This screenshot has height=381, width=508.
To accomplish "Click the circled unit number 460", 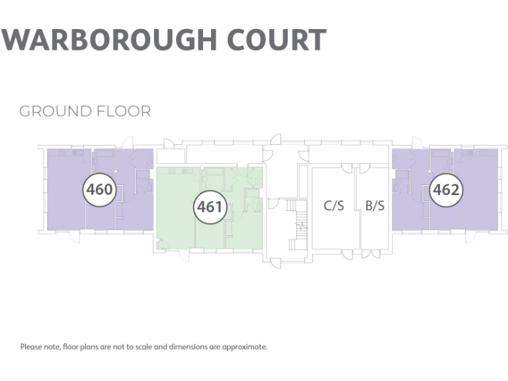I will pos(99,190).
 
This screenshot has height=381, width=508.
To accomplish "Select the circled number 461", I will pos(210,207).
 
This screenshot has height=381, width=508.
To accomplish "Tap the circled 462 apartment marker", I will pos(446,190).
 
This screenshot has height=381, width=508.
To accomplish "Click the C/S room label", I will pos(334,206).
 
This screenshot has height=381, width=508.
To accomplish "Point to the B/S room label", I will pos(374,206).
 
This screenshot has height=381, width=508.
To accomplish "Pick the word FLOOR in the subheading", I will pos(126,110).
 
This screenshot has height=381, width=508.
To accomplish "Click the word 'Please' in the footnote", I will pos(30,347).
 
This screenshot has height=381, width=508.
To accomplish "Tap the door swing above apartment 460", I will pos(128,142).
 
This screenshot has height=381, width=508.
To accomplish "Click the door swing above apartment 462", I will pos(417,142).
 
